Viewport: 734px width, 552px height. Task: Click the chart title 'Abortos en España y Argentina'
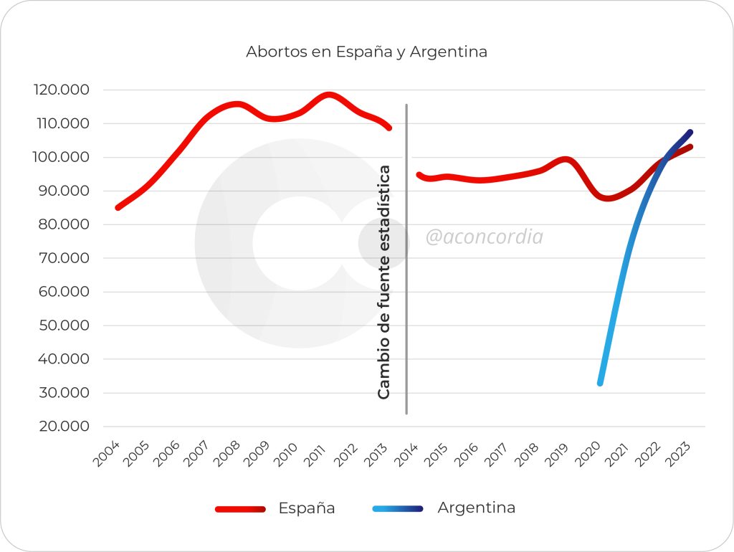click(366, 52)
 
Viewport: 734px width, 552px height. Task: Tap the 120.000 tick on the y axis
click(61, 90)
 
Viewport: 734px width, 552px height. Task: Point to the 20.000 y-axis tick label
click(61, 427)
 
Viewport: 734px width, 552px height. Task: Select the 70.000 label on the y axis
click(61, 258)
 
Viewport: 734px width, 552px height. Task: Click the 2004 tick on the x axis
click(106, 455)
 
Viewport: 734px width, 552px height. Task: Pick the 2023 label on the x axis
click(679, 455)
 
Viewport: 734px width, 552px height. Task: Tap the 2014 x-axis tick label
click(407, 455)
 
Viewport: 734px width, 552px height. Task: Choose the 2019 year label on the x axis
click(558, 455)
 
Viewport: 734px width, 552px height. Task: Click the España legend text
click(307, 508)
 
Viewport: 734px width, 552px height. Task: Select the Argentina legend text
click(476, 508)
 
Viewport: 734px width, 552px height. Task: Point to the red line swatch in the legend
click(239, 509)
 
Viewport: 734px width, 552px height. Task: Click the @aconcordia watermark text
click(484, 237)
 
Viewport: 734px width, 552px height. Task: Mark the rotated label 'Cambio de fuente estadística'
click(384, 282)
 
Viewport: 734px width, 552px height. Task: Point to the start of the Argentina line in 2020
click(600, 383)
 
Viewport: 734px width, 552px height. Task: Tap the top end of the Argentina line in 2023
click(690, 132)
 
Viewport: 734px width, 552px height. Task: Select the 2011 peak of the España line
click(328, 95)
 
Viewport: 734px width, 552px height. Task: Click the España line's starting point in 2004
click(118, 208)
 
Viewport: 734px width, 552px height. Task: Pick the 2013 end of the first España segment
click(389, 128)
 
